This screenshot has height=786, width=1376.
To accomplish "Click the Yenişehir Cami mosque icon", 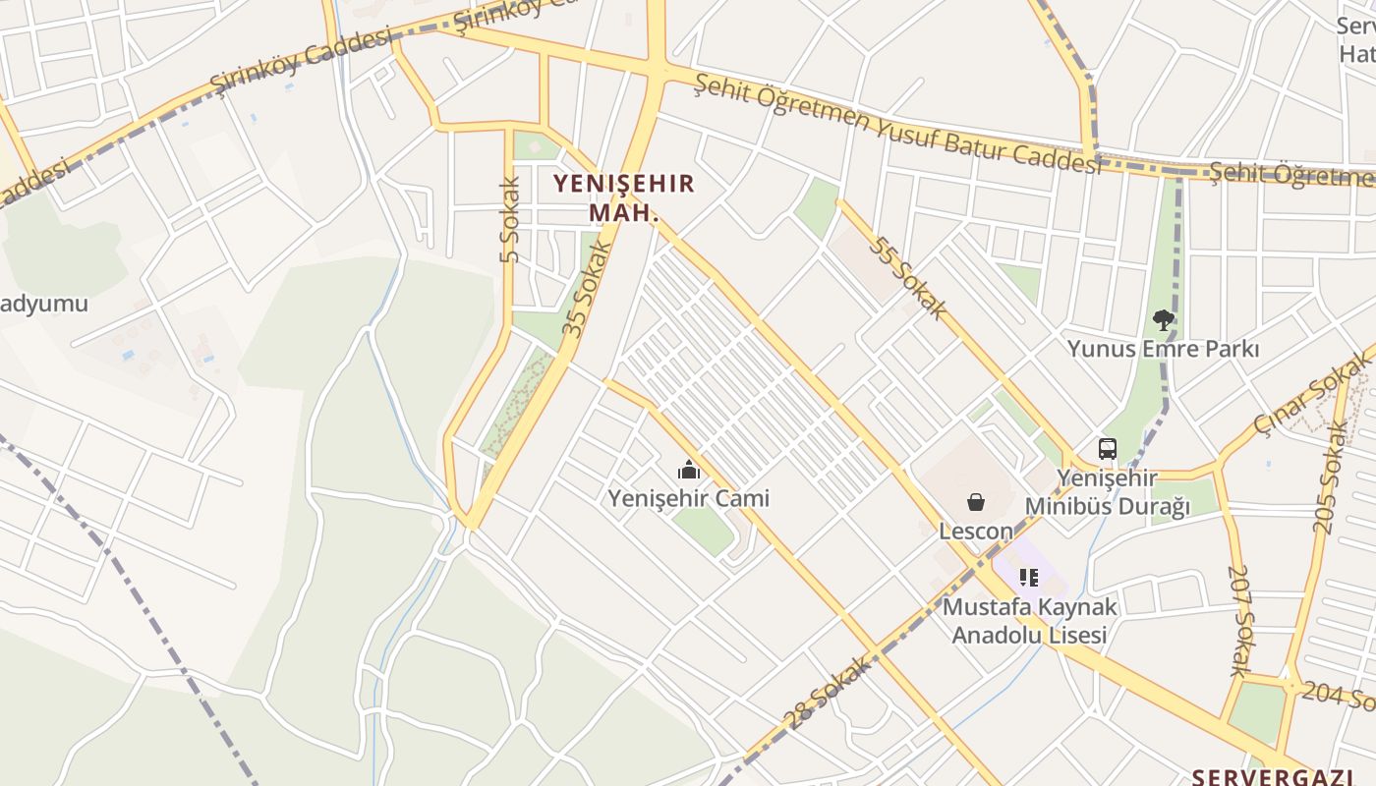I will [689, 470].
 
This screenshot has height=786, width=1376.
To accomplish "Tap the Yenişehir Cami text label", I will [688, 498].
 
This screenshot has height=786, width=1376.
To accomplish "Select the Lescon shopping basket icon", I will [976, 502].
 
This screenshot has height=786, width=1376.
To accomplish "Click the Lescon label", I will [976, 532].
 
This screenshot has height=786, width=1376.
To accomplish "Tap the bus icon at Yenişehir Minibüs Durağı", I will [1108, 449].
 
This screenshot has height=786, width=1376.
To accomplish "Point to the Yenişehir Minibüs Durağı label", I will [1108, 492].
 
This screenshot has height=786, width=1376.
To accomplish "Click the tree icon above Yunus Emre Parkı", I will [1163, 319].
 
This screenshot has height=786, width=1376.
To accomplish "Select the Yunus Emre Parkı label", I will [1164, 349].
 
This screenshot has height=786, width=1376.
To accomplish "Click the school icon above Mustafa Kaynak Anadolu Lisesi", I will [1029, 577].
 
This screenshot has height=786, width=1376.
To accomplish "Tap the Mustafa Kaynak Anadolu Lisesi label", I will [1029, 621].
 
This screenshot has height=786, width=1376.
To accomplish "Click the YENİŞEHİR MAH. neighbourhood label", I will [624, 196].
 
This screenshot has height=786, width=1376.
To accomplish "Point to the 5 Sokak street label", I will [509, 220].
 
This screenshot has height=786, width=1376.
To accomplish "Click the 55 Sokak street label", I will [907, 277].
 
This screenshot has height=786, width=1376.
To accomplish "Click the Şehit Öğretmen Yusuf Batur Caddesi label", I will [897, 125].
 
